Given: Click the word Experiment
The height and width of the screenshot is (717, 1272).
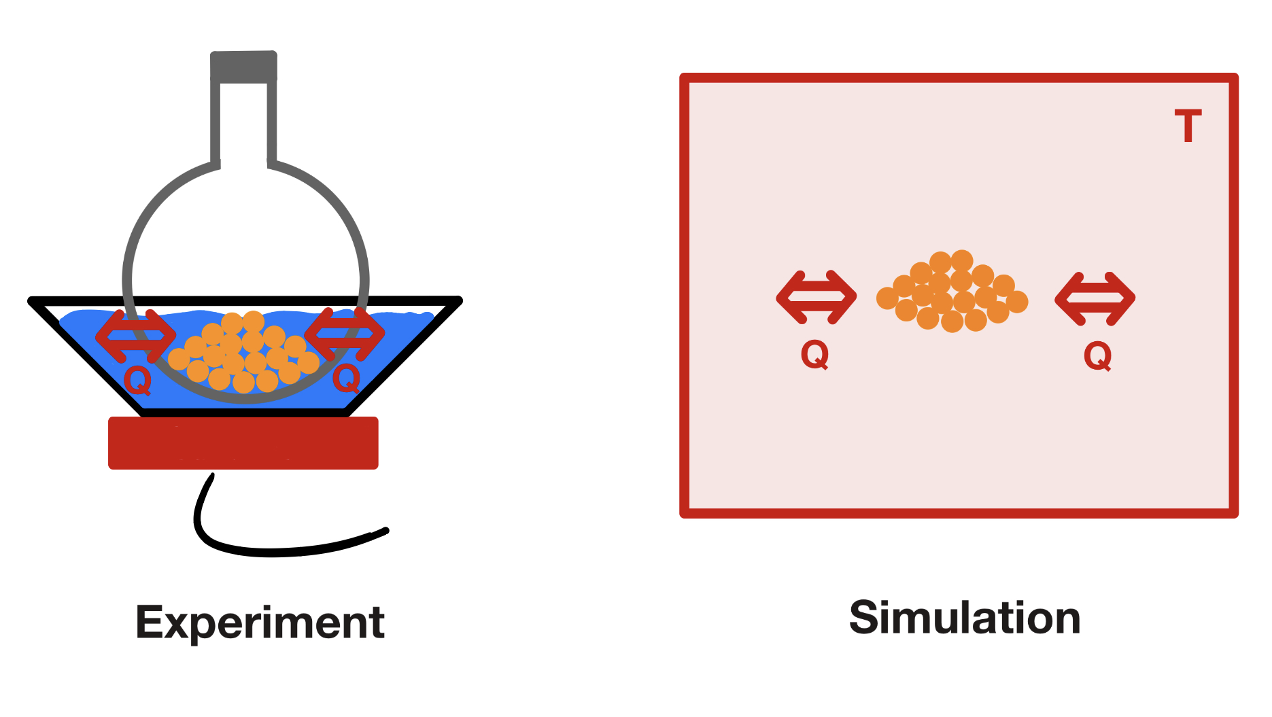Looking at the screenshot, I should pos(260,622).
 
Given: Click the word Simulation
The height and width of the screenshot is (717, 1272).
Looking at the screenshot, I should pos(965,618).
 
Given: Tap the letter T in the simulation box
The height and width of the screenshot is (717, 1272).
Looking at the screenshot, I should pos(1188,126).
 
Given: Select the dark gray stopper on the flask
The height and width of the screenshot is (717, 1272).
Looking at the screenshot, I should pos(243,67).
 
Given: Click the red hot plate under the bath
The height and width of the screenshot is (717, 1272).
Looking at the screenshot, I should pos(243,442).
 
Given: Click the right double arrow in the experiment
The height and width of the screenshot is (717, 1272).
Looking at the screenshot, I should pos(345,334).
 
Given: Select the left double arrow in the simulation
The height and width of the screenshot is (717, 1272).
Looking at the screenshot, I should pos(816,297).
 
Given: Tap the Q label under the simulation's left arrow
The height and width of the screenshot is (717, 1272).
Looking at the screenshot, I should pos(814,354).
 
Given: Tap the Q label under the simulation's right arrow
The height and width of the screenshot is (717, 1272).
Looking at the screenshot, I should pos(1097,355).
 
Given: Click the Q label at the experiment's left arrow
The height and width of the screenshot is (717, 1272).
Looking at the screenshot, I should pos(137,381).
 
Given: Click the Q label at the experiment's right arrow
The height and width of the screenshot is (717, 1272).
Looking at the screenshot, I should pos(346,378).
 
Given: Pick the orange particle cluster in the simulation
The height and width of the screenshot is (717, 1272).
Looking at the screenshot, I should pos(952,292).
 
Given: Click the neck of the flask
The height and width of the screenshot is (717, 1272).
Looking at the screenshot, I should pos(243,122).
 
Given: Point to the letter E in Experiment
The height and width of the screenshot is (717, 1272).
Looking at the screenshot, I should pos(150,622).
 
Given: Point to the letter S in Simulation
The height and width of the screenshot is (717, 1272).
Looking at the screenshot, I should pos(865,618).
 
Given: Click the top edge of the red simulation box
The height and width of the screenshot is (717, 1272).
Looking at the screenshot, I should pos(959,78).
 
